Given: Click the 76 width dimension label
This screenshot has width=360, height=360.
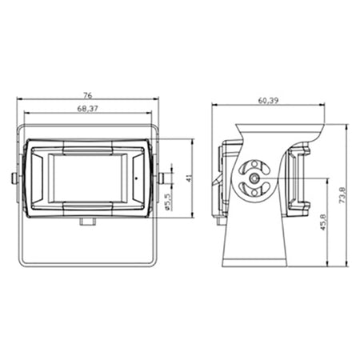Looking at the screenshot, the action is [x=88, y=95].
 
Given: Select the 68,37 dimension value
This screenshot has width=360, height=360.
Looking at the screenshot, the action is [x=87, y=109].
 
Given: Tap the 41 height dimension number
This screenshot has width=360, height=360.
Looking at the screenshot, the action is [x=189, y=178].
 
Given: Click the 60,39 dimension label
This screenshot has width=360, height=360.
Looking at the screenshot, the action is [x=268, y=101].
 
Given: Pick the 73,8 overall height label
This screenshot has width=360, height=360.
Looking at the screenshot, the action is [x=342, y=195].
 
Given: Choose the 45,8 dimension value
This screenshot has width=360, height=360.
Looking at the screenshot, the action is [x=323, y=222].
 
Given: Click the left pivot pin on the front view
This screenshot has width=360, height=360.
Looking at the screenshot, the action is [x=14, y=178].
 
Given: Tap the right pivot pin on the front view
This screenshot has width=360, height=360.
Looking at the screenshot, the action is [x=162, y=178].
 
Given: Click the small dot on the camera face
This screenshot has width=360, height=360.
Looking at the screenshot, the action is [x=136, y=178].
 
